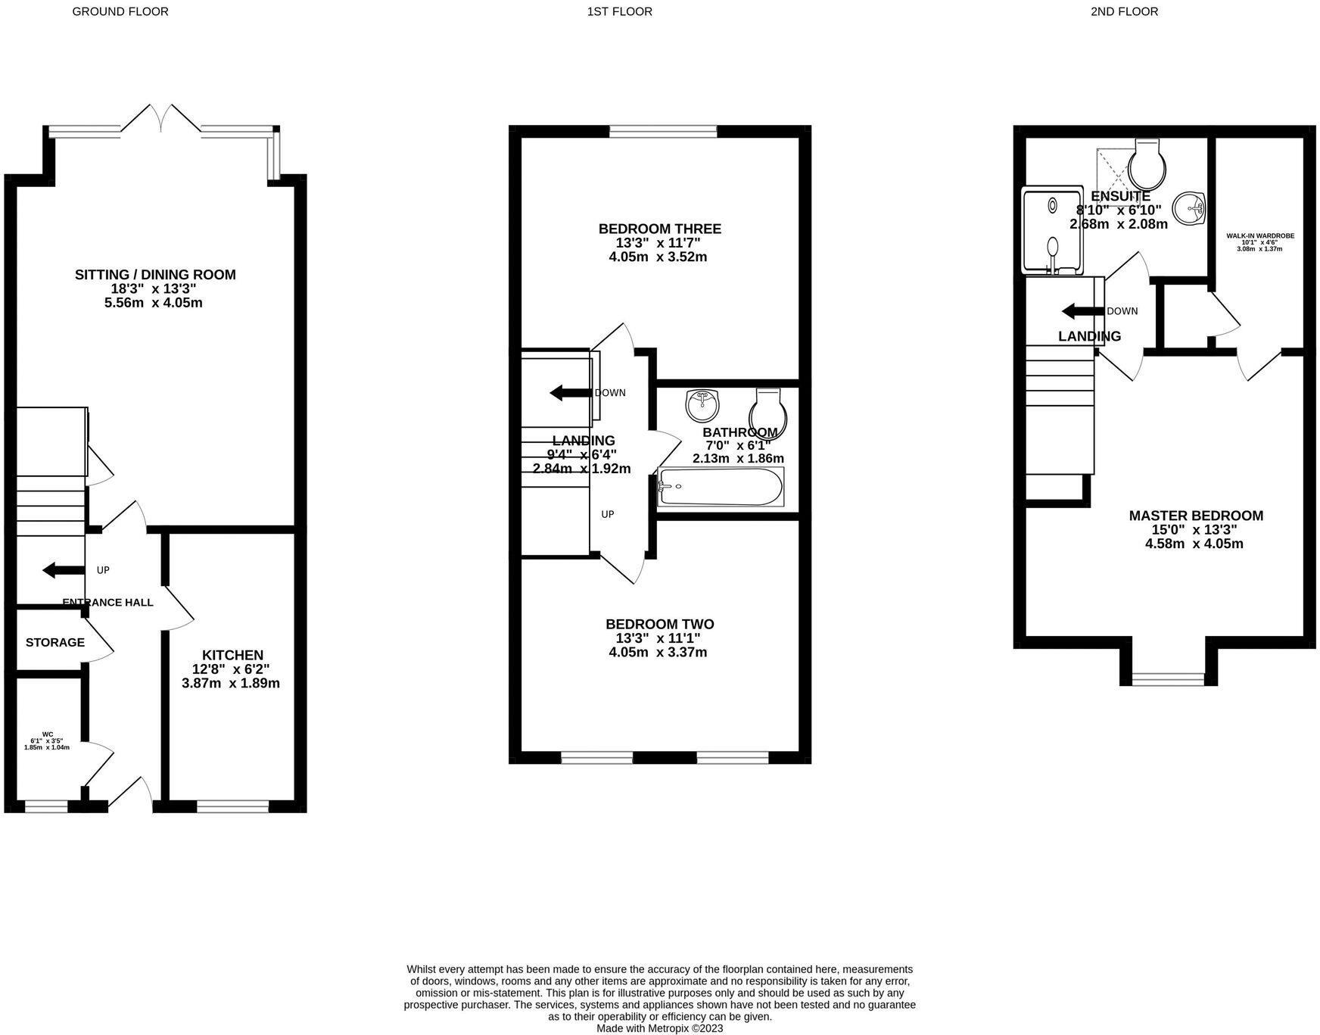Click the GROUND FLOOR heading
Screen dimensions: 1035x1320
tap(120, 11)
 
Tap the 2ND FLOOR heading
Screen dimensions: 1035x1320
tap(1124, 11)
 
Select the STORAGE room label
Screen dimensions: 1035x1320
tap(55, 642)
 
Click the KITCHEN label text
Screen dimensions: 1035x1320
tap(232, 655)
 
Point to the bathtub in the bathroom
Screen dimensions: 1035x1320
tap(721, 487)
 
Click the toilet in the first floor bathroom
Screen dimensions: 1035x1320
tap(768, 411)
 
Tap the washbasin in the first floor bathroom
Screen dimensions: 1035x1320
tap(702, 405)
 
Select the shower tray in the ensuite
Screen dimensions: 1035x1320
tap(1052, 231)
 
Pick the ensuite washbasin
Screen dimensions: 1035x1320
tap(1189, 207)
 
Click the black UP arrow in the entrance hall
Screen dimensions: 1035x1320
tap(59, 570)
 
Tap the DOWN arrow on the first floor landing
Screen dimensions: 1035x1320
tap(570, 392)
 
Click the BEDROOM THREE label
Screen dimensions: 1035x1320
tap(659, 229)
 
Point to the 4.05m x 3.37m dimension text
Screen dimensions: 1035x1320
tap(658, 652)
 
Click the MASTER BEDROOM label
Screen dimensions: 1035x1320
tap(1195, 516)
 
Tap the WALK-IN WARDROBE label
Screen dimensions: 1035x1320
tap(1260, 235)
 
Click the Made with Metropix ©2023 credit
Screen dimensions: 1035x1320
tap(659, 1028)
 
